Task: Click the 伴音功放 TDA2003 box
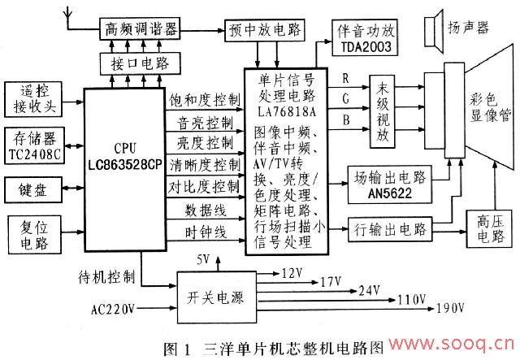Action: coord(365,39)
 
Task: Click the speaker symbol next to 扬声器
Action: coord(431,32)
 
